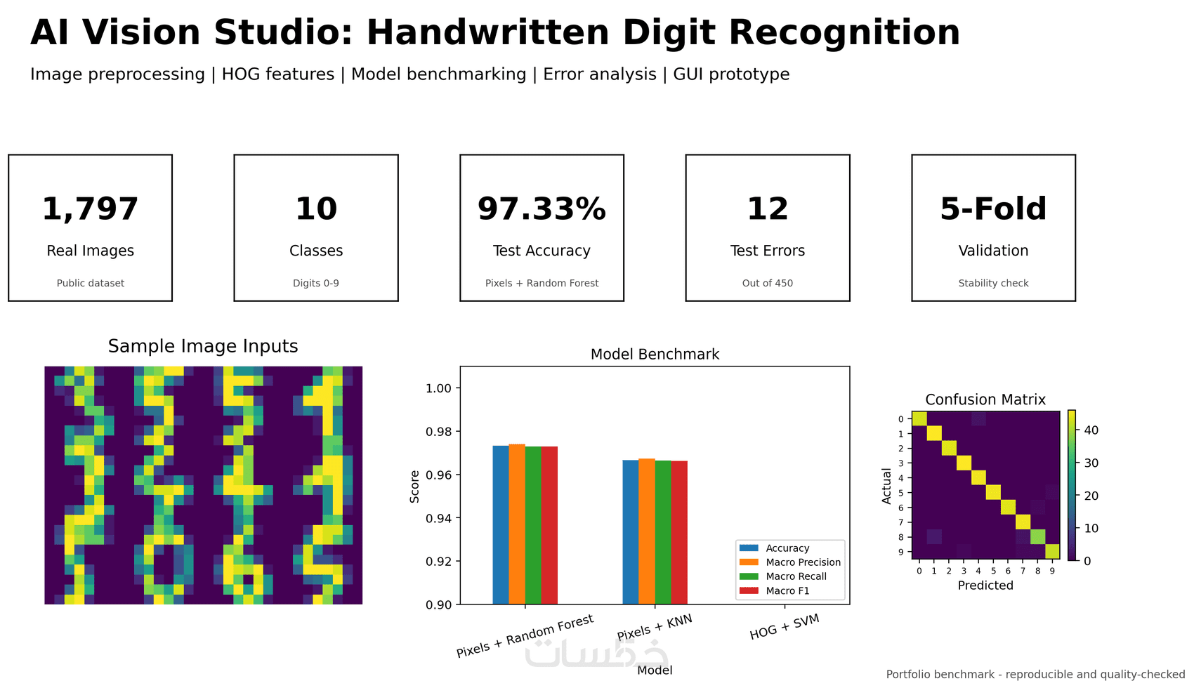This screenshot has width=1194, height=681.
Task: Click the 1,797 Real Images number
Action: (90, 209)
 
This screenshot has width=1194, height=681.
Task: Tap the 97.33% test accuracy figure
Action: (542, 209)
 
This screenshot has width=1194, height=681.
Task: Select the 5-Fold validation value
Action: (993, 209)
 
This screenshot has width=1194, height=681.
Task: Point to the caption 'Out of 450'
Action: (768, 283)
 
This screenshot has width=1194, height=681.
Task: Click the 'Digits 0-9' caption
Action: (315, 283)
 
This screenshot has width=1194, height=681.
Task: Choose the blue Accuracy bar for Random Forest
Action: (501, 525)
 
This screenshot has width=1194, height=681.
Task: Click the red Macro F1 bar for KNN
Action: (679, 532)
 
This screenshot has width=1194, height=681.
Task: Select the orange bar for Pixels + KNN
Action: (647, 531)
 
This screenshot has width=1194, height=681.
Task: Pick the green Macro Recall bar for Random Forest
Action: (533, 525)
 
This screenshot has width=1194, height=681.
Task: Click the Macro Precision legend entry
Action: (789, 562)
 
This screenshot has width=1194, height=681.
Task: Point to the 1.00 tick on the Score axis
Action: (438, 388)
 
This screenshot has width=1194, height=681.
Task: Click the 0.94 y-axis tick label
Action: (438, 518)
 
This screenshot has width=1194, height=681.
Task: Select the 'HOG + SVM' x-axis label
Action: (784, 627)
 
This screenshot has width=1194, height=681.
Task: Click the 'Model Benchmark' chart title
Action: (655, 355)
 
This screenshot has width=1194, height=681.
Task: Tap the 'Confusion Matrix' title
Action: (985, 399)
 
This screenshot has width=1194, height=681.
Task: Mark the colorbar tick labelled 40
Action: (1087, 430)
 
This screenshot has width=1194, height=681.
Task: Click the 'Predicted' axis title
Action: (985, 585)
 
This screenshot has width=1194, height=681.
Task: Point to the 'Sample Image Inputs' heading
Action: (203, 346)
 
